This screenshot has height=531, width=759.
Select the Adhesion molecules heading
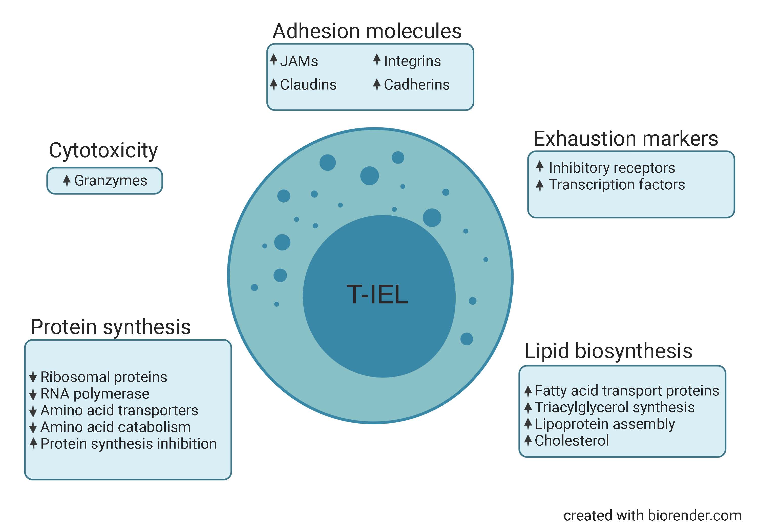[367, 31]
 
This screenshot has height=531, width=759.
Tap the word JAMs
[299, 61]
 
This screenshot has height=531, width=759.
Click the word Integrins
[412, 61]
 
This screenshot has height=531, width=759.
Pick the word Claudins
[308, 85]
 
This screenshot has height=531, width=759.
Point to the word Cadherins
[416, 85]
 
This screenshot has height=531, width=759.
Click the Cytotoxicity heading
[103, 151]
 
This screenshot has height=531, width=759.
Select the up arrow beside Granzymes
[67, 181]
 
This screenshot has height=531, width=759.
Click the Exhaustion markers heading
[626, 139]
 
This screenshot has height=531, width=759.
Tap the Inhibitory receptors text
[612, 168]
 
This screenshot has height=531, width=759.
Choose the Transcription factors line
[617, 184]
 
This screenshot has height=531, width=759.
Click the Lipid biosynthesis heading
[608, 351]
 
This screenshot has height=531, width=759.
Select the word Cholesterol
[572, 440]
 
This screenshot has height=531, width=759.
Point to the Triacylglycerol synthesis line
[614, 407]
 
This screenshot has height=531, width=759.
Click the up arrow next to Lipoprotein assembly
[528, 424]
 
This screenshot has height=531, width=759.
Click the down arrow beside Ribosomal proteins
[33, 377]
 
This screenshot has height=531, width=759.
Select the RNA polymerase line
[95, 393]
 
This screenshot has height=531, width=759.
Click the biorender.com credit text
[652, 516]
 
